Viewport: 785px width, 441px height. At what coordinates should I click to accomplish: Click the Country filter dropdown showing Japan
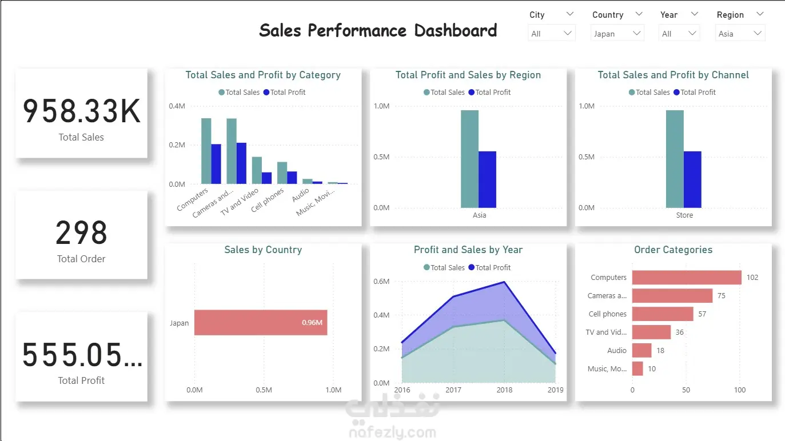pos(617,34)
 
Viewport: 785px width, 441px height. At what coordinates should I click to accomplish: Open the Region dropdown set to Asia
pos(740,34)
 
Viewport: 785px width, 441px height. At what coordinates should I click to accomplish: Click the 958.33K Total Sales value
pos(81,111)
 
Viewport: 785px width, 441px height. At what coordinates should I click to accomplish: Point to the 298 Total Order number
pos(81,233)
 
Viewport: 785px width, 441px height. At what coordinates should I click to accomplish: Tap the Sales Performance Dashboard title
pos(378,30)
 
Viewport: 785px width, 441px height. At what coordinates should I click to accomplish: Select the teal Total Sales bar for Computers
pos(206,151)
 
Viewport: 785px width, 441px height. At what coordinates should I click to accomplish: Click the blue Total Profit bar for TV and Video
pos(267,178)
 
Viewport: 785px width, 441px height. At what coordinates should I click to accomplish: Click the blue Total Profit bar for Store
pos(692,179)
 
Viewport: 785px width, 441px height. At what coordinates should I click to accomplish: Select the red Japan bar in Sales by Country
pos(260,323)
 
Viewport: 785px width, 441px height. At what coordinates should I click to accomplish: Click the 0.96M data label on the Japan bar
pos(312,323)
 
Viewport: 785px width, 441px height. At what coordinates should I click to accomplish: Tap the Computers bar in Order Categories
pos(686,278)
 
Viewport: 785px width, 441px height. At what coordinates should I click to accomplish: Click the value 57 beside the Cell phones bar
pos(702,314)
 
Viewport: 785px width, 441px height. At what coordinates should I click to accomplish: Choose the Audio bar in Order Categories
pos(641,351)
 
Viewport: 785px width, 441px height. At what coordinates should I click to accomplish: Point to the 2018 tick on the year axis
pos(504,390)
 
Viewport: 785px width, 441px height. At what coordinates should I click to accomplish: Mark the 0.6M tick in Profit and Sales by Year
pos(381,282)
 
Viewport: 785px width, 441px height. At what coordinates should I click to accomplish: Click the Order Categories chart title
pos(673,250)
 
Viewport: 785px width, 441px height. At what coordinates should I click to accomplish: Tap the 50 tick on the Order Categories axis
pos(686,390)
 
